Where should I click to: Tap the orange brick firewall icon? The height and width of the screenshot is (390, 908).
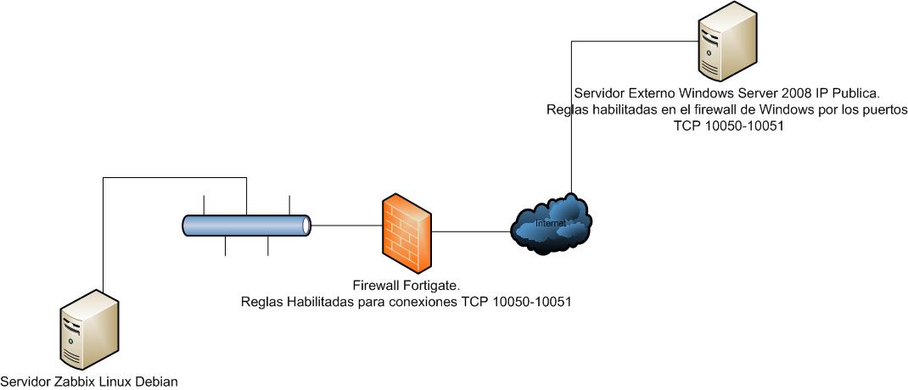tap(406, 230)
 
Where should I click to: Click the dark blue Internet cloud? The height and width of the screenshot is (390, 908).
tap(552, 224)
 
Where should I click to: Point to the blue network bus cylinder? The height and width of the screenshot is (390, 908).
tap(246, 225)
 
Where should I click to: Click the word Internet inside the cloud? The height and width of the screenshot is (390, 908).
tap(549, 223)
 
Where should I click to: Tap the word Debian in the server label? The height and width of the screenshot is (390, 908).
tap(156, 382)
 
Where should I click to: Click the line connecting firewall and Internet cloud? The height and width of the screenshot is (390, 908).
tap(472, 231)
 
